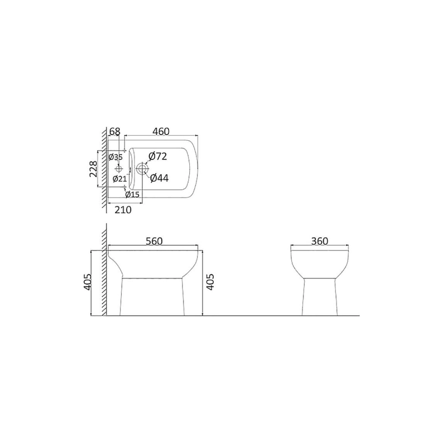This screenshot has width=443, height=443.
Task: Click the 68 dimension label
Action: (115, 132)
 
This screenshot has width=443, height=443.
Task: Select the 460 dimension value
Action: (161, 132)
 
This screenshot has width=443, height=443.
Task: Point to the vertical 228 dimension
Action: (94, 169)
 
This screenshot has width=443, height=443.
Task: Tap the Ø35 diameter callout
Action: (116, 157)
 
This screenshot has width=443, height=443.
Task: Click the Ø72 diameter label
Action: (158, 156)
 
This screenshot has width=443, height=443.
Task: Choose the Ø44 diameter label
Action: (159, 178)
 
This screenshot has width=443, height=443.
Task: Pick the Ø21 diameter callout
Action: (120, 178)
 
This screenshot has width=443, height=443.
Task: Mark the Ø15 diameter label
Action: (132, 194)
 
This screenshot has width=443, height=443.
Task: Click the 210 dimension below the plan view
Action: (123, 210)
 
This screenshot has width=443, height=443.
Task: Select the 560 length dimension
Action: (154, 241)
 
